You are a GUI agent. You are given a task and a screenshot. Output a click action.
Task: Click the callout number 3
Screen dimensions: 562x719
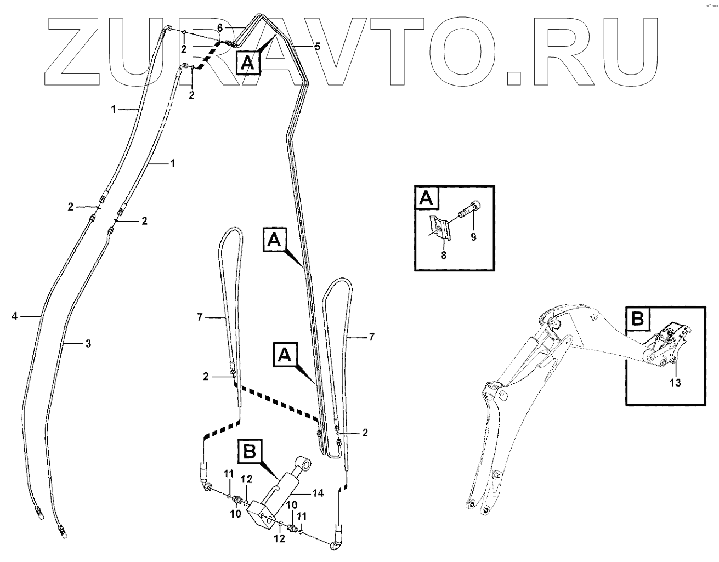pyautogui.click(x=88, y=343)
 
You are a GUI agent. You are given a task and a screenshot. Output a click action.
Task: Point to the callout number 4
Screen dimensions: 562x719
pyautogui.click(x=15, y=316)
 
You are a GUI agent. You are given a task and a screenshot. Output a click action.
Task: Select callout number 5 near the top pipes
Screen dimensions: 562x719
pyautogui.click(x=317, y=47)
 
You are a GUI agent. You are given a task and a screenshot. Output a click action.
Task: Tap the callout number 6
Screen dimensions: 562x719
pyautogui.click(x=219, y=27)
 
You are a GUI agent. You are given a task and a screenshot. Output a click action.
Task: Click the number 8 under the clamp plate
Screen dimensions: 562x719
pyautogui.click(x=443, y=255)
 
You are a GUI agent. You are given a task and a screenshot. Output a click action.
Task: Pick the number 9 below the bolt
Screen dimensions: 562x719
pyautogui.click(x=474, y=237)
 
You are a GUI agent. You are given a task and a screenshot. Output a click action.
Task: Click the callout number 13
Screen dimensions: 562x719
pyautogui.click(x=675, y=383)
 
